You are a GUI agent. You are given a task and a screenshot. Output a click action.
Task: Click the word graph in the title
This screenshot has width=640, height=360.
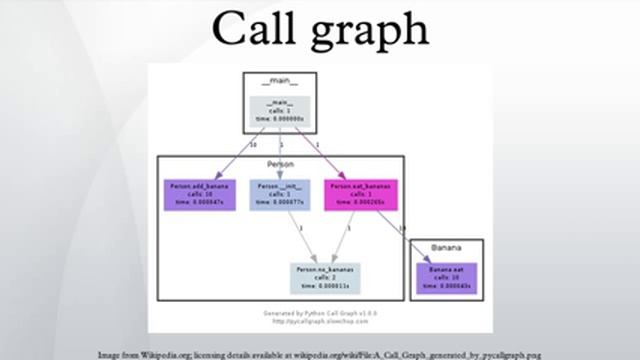371,34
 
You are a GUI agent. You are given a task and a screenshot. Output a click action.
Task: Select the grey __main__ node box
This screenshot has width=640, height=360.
280,110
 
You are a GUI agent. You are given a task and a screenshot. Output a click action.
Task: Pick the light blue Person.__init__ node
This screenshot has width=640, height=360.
279,194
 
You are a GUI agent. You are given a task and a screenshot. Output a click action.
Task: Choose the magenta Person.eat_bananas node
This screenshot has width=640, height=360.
360,194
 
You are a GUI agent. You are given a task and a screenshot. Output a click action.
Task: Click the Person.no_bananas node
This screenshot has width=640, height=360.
324,277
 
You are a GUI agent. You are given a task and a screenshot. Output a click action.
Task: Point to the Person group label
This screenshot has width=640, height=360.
280,163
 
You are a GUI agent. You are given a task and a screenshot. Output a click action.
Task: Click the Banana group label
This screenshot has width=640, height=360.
446,247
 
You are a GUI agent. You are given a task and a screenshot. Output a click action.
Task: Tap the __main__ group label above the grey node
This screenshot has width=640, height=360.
280,81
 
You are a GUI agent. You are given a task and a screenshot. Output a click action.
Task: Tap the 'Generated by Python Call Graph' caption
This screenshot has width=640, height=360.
320,313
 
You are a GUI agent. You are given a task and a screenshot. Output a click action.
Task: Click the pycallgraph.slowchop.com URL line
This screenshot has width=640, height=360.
320,320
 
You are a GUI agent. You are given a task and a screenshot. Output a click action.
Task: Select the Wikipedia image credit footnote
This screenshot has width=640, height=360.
320,354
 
